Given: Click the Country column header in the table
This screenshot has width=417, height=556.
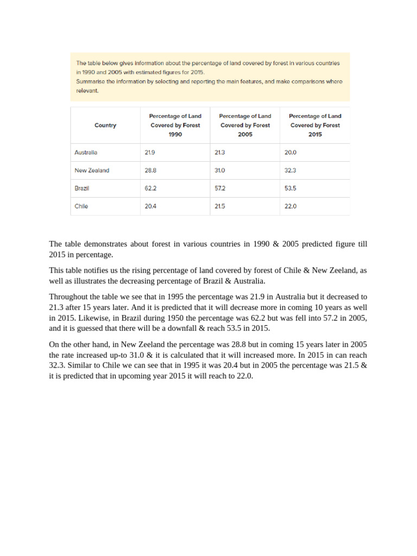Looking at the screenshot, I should tap(105, 125).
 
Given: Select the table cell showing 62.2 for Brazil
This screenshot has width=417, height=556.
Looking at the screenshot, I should tap(150, 188).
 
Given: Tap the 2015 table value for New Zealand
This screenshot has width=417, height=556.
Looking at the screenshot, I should tap(290, 170).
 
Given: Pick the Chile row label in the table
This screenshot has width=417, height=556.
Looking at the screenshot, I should tap(81, 206).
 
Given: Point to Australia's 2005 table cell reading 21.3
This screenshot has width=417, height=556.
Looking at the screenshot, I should tap(220, 153).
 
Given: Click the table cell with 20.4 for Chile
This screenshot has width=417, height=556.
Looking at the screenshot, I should tap(150, 206).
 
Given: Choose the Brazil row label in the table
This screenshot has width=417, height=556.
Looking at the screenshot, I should tap(81, 188).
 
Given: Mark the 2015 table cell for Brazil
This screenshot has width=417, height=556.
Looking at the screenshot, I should tap(290, 188).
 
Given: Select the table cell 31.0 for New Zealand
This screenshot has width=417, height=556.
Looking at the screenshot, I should tap(220, 170).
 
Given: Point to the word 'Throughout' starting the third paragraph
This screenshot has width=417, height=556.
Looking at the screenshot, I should tap(68, 297).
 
